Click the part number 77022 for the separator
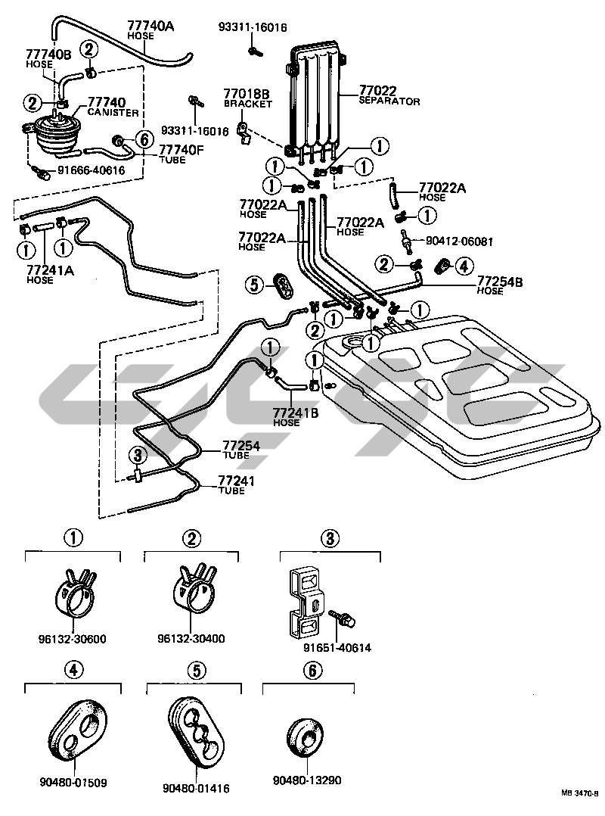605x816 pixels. (x=377, y=91)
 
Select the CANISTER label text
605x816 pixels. (x=113, y=112)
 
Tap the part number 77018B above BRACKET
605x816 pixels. (x=247, y=94)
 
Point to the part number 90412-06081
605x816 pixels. (x=460, y=241)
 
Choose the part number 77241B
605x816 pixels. (x=295, y=413)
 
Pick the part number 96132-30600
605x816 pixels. (x=73, y=639)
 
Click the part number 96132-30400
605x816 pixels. (x=191, y=639)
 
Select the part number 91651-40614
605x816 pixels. (x=337, y=648)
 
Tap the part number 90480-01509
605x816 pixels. (x=73, y=782)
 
